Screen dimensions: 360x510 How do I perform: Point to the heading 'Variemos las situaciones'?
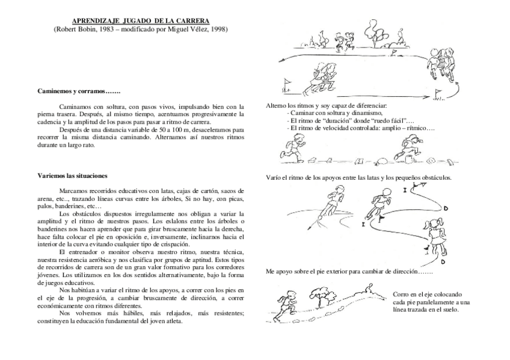pyautogui.click(x=72, y=176)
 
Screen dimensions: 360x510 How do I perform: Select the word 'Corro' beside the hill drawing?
pyautogui.click(x=401, y=294)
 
